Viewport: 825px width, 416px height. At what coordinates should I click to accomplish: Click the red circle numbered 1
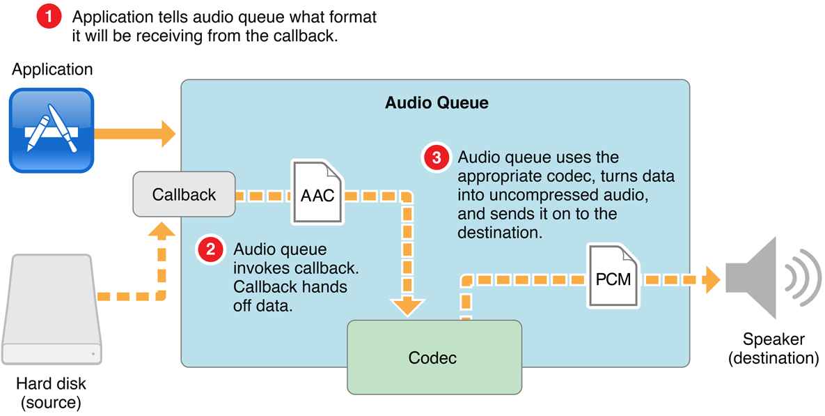point(49,17)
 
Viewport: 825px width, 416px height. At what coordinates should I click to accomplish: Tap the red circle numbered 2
point(210,250)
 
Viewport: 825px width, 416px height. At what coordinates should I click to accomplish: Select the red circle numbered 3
point(437,157)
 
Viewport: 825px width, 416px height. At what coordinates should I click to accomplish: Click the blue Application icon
point(52,130)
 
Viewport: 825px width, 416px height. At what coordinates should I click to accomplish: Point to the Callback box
point(184,194)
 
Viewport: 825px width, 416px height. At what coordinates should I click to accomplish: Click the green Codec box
point(434,357)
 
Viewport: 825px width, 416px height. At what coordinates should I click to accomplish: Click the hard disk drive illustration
point(52,309)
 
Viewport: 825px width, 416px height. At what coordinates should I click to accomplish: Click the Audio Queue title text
point(437,104)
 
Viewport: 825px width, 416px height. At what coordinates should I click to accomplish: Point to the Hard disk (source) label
point(52,393)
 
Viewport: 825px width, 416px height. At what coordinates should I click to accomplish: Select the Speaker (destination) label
point(773,349)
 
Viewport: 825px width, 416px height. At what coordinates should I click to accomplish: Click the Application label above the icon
point(52,70)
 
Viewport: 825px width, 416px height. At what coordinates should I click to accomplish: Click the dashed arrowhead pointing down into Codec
point(407,306)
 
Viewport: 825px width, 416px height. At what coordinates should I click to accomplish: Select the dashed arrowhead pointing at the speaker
point(711,279)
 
